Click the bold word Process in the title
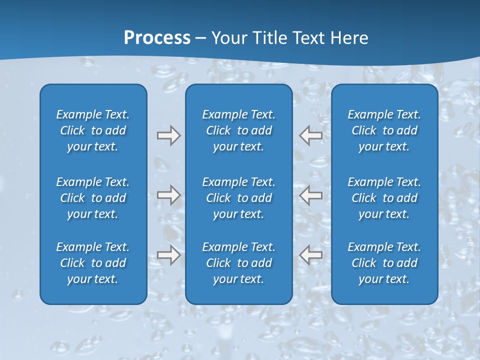(x=157, y=38)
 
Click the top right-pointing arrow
(x=168, y=135)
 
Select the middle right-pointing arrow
(x=168, y=195)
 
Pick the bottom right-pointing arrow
(x=168, y=255)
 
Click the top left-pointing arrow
(x=311, y=135)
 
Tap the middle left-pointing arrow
(x=311, y=195)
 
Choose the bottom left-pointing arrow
(x=311, y=255)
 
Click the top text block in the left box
(x=93, y=130)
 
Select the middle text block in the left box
(x=93, y=198)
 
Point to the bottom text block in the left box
(x=93, y=263)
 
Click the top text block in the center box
(x=239, y=130)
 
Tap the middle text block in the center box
(x=239, y=198)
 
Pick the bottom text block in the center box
(x=239, y=263)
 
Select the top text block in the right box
(x=384, y=130)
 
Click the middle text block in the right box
(x=384, y=198)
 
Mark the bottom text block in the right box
(x=384, y=263)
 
